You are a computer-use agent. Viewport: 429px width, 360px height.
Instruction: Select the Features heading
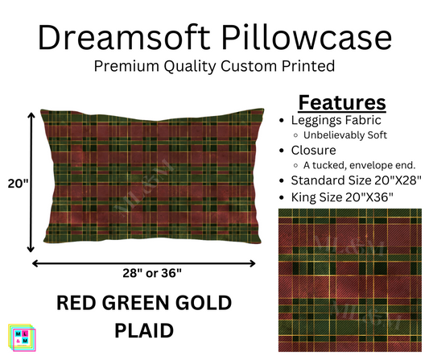[342, 102]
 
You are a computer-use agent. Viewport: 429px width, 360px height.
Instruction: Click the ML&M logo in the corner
[19, 338]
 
